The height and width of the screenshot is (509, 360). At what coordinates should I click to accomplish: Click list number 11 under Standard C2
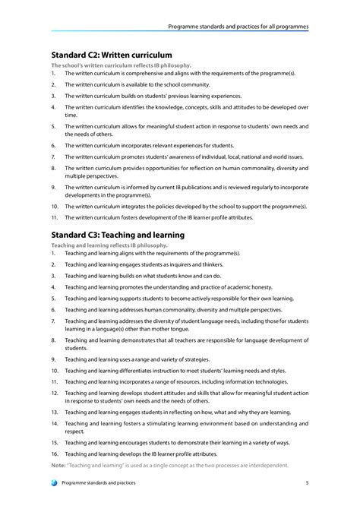pyautogui.click(x=54, y=218)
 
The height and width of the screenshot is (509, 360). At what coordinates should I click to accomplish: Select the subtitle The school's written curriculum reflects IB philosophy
pyautogui.click(x=121, y=65)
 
